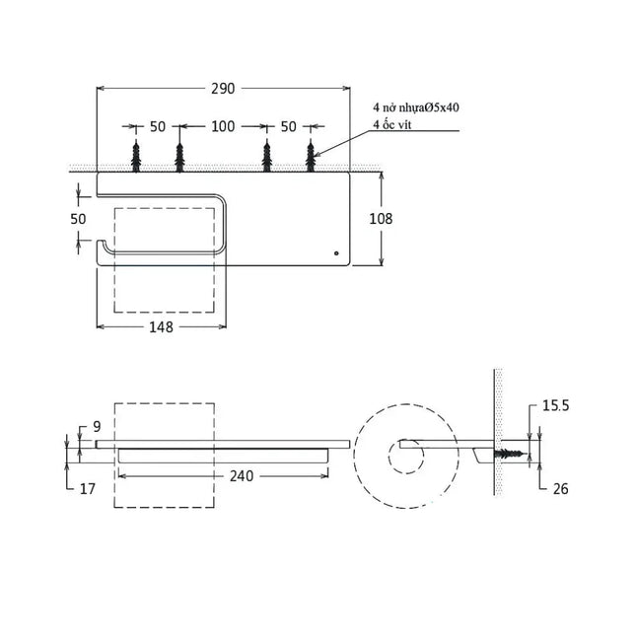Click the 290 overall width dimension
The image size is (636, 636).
click(223, 89)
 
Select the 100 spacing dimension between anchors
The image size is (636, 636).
click(223, 126)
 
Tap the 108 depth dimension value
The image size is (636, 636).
click(381, 219)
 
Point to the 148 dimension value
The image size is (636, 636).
click(161, 327)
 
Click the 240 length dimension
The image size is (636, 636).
click(242, 476)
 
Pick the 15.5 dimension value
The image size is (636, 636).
click(556, 405)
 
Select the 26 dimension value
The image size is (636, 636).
click(560, 489)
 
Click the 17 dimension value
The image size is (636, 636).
click(87, 489)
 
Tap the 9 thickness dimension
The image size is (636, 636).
click(97, 427)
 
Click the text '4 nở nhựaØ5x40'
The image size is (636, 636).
click(416, 107)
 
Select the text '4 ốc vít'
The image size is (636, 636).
click(392, 124)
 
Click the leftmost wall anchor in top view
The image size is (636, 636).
click(136, 157)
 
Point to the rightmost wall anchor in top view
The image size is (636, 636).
click(311, 157)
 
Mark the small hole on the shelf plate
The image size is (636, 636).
click(336, 253)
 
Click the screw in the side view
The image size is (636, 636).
click(510, 454)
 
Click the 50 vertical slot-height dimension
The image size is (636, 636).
click(78, 219)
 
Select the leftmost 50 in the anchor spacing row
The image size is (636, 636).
click(158, 126)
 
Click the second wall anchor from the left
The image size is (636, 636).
click(179, 157)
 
